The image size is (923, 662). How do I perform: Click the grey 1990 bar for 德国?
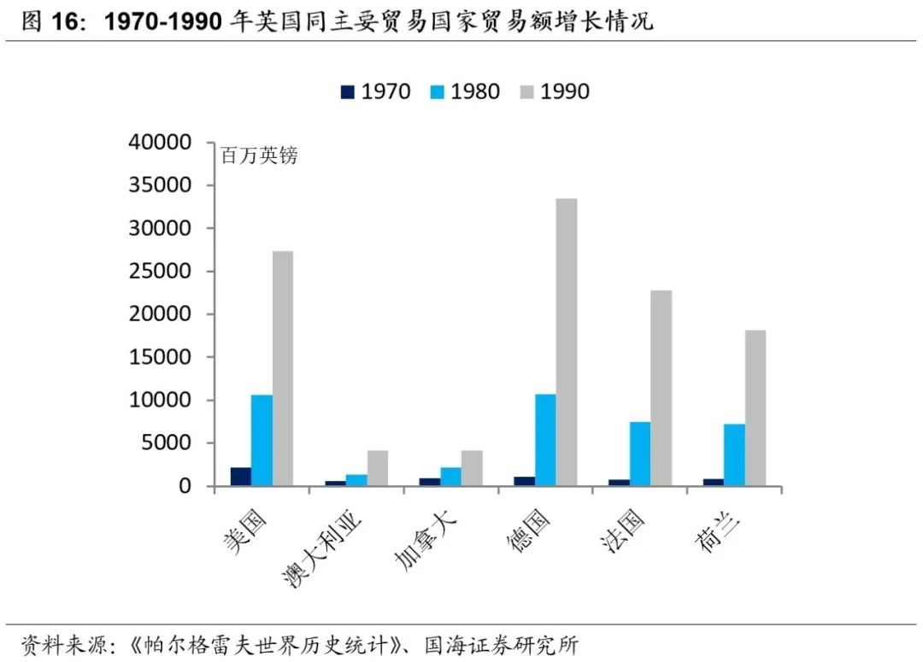click(567, 342)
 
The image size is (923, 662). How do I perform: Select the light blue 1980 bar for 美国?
click(262, 440)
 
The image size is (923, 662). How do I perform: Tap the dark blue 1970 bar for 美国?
click(240, 477)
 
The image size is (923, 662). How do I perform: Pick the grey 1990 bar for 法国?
click(661, 388)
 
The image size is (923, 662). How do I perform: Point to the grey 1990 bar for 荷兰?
click(755, 407)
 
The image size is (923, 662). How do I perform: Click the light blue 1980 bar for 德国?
click(545, 440)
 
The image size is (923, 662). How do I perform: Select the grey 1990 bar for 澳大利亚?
click(377, 468)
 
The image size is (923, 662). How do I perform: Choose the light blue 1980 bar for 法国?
click(640, 454)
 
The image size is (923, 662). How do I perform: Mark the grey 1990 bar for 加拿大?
click(472, 468)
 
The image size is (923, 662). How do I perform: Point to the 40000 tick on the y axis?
click(170, 143)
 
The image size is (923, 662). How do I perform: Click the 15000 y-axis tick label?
click(170, 357)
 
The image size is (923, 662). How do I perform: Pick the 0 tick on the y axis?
click(194, 486)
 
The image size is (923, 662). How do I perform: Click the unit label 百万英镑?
click(259, 156)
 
